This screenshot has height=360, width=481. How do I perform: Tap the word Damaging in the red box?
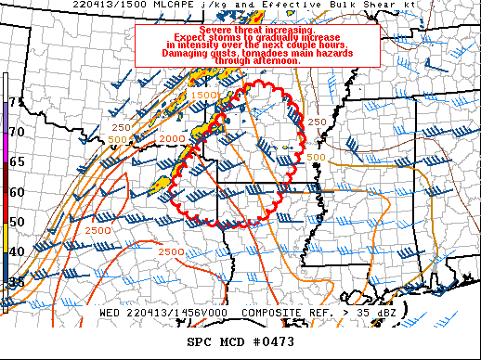coord(173,53)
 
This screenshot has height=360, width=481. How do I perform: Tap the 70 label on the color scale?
coord(16,132)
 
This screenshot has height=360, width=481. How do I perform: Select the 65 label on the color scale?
coord(16,161)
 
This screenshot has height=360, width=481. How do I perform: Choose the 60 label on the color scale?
coord(16,192)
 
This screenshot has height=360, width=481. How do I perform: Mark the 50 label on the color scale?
coord(16,222)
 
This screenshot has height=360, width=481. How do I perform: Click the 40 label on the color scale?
coord(16,251)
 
